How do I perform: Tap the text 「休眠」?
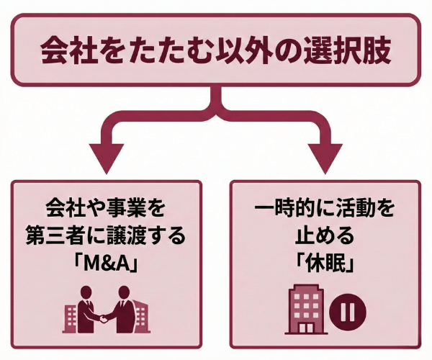point(323,263)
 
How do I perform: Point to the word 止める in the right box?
point(323,235)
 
